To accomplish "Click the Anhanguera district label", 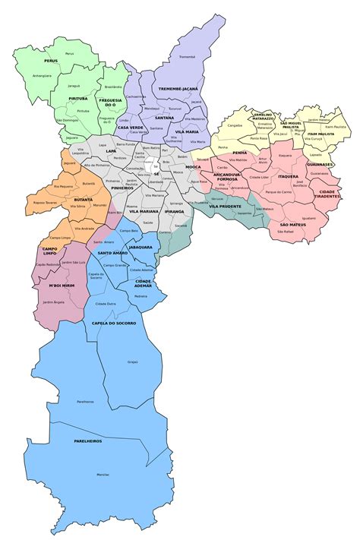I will click(x=43, y=75).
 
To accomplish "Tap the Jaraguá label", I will click(x=75, y=86).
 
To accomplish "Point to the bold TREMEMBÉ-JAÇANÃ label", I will click(x=179, y=89).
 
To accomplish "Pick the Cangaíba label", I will click(x=235, y=125).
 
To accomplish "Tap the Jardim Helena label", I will click(x=320, y=119).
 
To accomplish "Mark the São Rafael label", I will click(x=285, y=232).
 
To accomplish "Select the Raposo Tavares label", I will click(x=44, y=203).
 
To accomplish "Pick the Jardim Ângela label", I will click(x=54, y=302).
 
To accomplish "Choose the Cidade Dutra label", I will click(x=106, y=303).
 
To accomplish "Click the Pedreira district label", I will click(x=141, y=296).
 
